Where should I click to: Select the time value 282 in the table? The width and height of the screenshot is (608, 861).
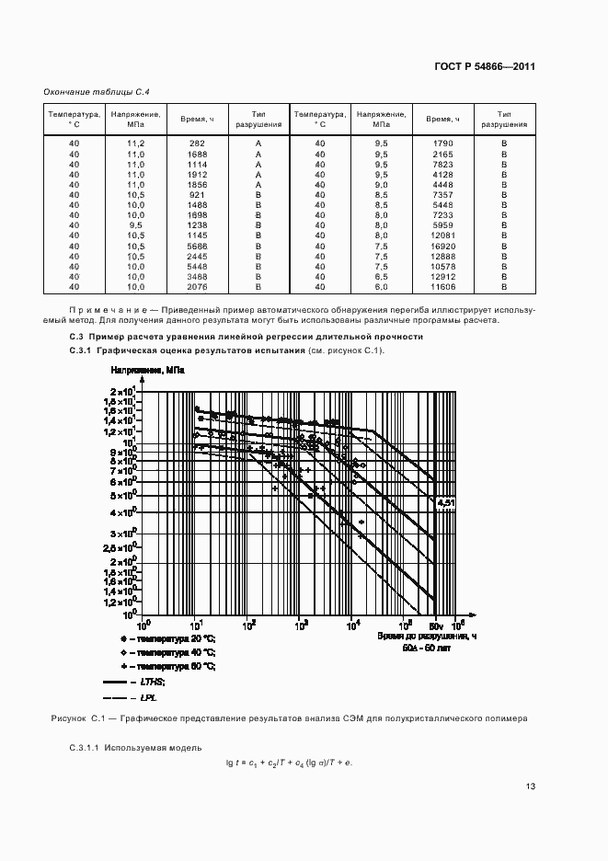196,143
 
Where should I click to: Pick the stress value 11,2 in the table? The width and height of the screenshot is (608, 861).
135,143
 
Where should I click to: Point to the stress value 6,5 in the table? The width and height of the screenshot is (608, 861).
381,278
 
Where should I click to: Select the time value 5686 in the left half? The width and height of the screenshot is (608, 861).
196,247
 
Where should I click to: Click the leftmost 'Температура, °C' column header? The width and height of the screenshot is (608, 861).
75,119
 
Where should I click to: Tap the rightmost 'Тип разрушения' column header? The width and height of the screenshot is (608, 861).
504,119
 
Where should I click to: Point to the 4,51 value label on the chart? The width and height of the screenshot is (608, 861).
446,503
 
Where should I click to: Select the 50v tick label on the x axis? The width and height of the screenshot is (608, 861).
437,625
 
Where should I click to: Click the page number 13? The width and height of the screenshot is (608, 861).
530,786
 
